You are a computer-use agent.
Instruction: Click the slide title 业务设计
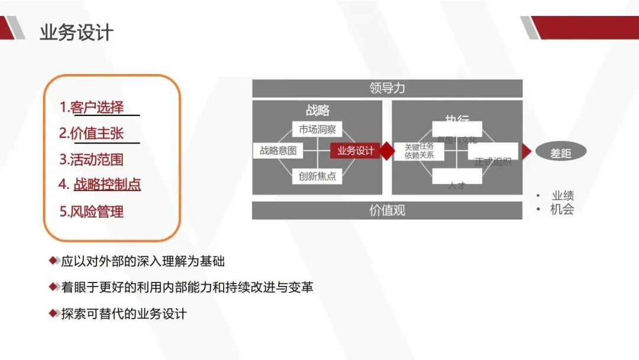pos(76,32)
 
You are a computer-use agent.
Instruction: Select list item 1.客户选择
pos(92,107)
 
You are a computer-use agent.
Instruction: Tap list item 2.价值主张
pos(92,133)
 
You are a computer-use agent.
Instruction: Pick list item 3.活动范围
pos(92,159)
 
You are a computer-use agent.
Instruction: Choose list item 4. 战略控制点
pos(100,185)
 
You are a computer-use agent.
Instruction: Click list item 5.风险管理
pos(92,211)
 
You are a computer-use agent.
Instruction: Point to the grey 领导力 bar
pos(387,88)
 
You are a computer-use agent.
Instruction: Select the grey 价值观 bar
pos(387,210)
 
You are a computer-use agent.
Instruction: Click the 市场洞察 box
pos(317,129)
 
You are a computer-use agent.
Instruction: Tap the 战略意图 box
pos(277,151)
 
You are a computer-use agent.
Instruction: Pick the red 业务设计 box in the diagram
pos(355,151)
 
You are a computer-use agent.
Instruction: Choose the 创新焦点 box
pos(317,176)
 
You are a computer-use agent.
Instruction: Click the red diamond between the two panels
pos(386,151)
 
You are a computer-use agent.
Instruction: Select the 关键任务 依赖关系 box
pos(419,151)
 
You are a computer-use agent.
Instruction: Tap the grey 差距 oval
pos(561,152)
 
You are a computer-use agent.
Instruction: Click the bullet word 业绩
pos(563,196)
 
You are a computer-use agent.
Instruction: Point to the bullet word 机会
pos(562,209)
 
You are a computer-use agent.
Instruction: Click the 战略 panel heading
pos(318,111)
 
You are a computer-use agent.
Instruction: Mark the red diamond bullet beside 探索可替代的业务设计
pos(54,313)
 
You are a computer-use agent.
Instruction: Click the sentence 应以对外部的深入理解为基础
pos(143,261)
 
